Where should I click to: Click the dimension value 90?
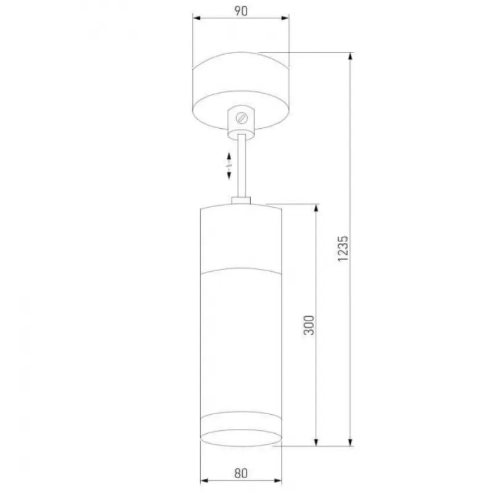tap(241, 11)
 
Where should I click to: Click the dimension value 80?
tap(241, 473)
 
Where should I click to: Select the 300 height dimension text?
tap(309, 325)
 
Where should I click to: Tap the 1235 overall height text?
tap(343, 248)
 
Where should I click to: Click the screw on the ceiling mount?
tap(242, 118)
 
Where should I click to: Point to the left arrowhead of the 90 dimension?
tap(197, 18)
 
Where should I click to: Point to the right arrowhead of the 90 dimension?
tap(285, 18)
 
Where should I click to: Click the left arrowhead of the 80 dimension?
tap(205, 480)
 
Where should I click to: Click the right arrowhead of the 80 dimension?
tap(278, 480)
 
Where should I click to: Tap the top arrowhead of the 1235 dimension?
tap(351, 57)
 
